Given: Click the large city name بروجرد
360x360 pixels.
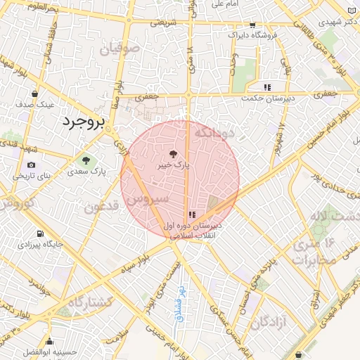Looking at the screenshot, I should coord(83,122).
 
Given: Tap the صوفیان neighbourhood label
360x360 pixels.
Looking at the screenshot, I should coord(120,50).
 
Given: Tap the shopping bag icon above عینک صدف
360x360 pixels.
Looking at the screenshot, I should coord(32,94).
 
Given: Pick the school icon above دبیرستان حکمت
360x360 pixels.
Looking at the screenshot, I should coord(267,87).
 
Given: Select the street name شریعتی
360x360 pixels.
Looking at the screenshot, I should coord(159,22).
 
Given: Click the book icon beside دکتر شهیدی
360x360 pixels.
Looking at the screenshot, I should coord(352,11).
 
